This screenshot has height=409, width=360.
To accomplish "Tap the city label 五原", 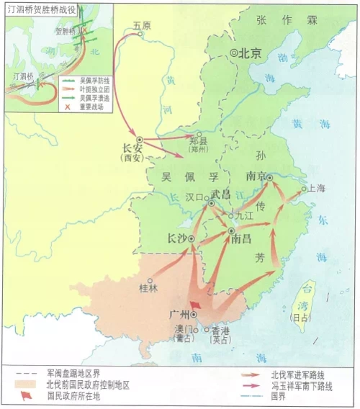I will [x=143, y=25].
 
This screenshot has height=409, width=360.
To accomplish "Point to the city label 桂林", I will [x=148, y=289].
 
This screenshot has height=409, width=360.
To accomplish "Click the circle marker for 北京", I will [x=234, y=53].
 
